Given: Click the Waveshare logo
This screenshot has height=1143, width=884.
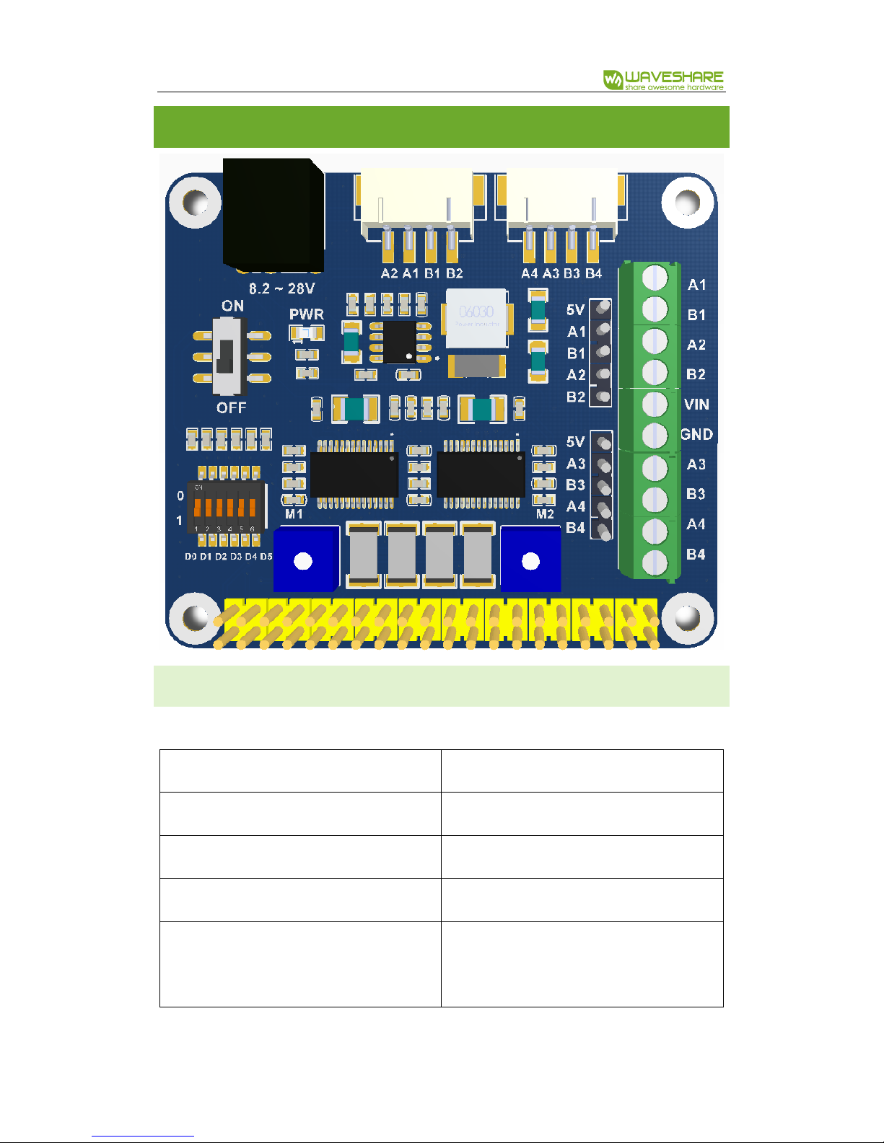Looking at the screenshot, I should pyautogui.click(x=663, y=79).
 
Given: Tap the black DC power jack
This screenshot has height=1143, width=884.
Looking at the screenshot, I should pyautogui.click(x=273, y=213).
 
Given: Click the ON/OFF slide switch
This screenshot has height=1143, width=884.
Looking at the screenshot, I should pyautogui.click(x=229, y=356).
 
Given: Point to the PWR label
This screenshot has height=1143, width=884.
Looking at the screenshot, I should pyautogui.click(x=307, y=314).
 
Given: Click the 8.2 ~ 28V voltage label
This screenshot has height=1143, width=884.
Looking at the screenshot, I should pyautogui.click(x=282, y=288).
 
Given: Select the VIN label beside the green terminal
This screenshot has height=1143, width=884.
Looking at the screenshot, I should pyautogui.click(x=696, y=405).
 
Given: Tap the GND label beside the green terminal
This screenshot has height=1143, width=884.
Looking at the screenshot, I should pyautogui.click(x=697, y=434).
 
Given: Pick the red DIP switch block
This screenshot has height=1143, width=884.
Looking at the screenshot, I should pyautogui.click(x=224, y=507).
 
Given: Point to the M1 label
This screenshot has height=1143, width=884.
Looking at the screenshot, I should pyautogui.click(x=294, y=514).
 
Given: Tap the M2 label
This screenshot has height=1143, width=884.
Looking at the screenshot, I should pyautogui.click(x=545, y=514).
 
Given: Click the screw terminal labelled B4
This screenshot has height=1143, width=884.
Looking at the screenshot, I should pyautogui.click(x=655, y=561).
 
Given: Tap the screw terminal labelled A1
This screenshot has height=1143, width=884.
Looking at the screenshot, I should pyautogui.click(x=655, y=277).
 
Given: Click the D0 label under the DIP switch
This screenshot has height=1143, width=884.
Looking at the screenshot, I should pyautogui.click(x=191, y=557).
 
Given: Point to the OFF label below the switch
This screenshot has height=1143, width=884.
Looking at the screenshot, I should pyautogui.click(x=231, y=408).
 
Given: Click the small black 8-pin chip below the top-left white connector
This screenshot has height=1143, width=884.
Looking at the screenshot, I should pyautogui.click(x=399, y=343).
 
